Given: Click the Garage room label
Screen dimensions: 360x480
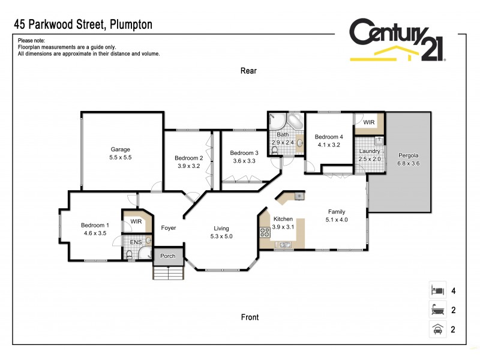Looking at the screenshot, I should (120, 149).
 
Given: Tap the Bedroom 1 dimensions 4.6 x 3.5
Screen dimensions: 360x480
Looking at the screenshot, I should (94, 234).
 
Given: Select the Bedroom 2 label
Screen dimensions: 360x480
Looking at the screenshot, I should (189, 158).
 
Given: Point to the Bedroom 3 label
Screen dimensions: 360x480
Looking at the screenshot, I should (244, 152).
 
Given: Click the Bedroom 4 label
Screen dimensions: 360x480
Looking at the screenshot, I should (329, 137).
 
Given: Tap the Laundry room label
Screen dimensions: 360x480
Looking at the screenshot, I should (370, 151).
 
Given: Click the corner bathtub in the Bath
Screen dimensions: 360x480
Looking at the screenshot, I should (295, 122).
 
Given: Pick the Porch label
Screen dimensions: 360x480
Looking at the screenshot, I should (168, 256).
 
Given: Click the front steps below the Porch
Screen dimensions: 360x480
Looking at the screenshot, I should (168, 272).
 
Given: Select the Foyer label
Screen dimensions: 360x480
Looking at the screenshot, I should (168, 227).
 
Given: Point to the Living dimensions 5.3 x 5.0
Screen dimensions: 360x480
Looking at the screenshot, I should (222, 236).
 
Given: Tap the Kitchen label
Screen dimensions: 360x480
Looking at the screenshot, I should (283, 219).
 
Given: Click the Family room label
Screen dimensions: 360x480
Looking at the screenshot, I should (336, 211).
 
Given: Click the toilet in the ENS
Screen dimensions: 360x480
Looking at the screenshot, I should (130, 255).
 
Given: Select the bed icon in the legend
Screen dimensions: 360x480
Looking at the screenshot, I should (437, 290).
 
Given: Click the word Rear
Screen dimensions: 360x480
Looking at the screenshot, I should (248, 71).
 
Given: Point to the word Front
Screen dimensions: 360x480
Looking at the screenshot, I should (250, 317).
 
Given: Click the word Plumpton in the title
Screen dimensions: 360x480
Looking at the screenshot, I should (128, 25).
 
